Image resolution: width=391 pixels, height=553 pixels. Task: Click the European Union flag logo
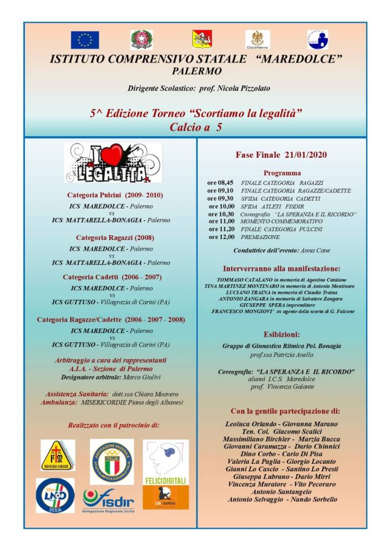click(x=85, y=39)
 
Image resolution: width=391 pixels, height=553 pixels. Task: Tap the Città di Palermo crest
click(x=258, y=39)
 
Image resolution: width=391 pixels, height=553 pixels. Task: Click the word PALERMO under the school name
click(x=197, y=71)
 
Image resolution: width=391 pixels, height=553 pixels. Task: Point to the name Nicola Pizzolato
click(x=244, y=88)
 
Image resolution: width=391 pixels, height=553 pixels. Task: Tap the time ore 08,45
click(x=220, y=183)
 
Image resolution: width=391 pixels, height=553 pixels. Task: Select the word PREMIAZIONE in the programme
click(x=260, y=237)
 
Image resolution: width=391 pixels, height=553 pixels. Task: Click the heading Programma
click(x=282, y=173)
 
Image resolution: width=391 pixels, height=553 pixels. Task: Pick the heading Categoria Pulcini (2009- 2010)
click(x=114, y=195)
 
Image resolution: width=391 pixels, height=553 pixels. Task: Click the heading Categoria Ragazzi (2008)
click(x=111, y=237)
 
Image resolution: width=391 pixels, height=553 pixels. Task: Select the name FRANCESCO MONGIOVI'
click(x=243, y=311)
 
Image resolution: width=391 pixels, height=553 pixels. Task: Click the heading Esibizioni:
click(x=282, y=334)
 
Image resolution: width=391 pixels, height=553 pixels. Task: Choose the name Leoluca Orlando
click(x=250, y=424)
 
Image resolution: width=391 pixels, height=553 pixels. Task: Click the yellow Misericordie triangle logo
click(x=58, y=455)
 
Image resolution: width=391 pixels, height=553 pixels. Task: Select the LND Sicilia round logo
click(x=55, y=495)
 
